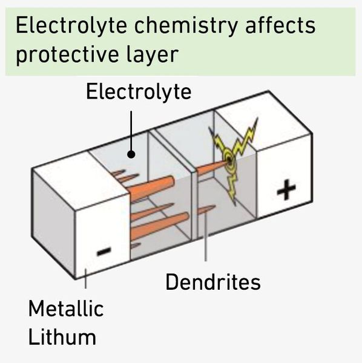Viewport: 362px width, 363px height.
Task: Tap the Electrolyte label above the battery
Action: [x=138, y=91]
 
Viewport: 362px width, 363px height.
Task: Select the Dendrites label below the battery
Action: [x=212, y=282]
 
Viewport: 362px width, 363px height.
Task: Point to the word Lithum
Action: [x=62, y=336]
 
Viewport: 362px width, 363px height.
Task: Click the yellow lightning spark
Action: [x=234, y=157]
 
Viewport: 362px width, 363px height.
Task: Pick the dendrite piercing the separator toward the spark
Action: [x=209, y=166]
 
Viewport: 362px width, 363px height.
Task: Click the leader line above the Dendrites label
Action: [x=206, y=242]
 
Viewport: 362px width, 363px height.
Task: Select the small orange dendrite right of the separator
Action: [x=206, y=209]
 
